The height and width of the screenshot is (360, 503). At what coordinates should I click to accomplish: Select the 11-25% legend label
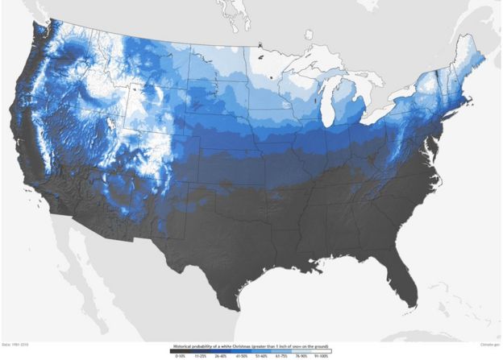[x=197, y=355]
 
